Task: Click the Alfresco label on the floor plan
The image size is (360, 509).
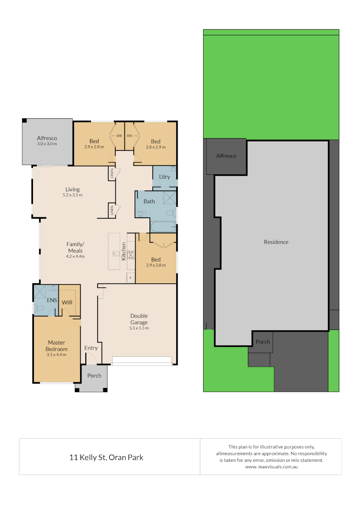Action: tap(47, 139)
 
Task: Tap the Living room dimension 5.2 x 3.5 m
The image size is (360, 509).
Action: tap(73, 195)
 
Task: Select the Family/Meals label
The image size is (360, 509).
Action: tap(75, 247)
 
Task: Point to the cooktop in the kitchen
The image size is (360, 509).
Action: tap(131, 255)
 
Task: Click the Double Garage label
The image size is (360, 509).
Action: tap(139, 319)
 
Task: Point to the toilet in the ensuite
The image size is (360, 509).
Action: tap(39, 309)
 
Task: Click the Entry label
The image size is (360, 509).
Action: tap(91, 348)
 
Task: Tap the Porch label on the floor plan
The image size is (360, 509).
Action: tap(94, 376)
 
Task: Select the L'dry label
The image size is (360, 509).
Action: tap(164, 176)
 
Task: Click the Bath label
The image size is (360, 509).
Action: tap(149, 201)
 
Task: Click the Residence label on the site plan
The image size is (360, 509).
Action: tap(276, 242)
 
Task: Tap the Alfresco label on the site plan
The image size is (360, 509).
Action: tap(226, 156)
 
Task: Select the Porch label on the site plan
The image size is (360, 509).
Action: tap(263, 342)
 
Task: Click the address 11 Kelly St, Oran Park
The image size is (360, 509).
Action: tap(106, 457)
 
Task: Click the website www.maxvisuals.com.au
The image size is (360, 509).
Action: tap(271, 467)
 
